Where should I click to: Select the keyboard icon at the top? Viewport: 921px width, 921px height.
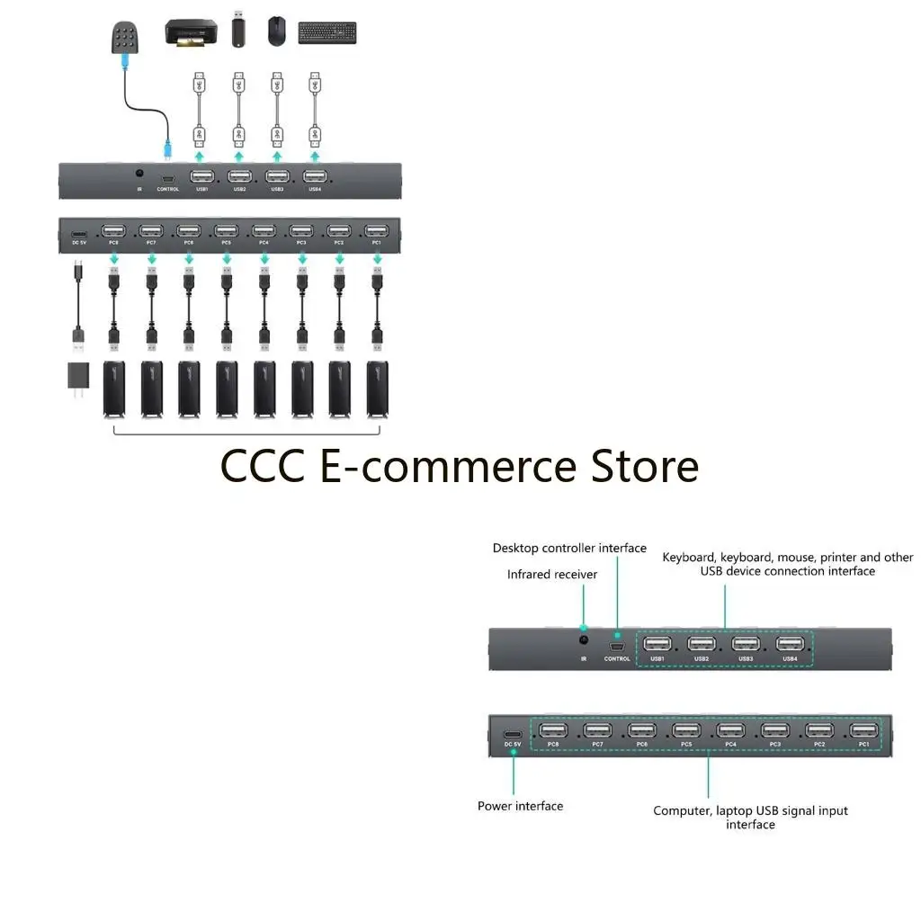[326, 32]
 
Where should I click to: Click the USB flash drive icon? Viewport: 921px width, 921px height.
[238, 29]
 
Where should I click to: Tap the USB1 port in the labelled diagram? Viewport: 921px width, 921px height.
[657, 644]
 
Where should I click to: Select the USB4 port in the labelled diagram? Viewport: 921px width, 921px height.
[790, 644]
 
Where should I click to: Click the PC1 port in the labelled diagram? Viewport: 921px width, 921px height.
[863, 729]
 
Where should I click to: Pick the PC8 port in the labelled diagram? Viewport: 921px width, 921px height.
[552, 729]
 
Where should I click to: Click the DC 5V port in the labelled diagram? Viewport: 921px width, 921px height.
[513, 731]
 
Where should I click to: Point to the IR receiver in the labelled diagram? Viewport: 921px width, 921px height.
[584, 640]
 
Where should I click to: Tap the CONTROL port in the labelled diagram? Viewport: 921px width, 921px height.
[617, 646]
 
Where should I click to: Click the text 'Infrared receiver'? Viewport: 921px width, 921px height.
[551, 574]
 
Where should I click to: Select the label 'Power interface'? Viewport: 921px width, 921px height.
[520, 806]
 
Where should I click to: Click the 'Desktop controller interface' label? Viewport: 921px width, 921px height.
[569, 548]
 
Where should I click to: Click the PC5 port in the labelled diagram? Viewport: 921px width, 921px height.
[686, 729]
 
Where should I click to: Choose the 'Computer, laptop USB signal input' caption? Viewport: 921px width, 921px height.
[750, 810]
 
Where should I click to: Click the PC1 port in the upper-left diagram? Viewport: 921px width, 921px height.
[377, 230]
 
